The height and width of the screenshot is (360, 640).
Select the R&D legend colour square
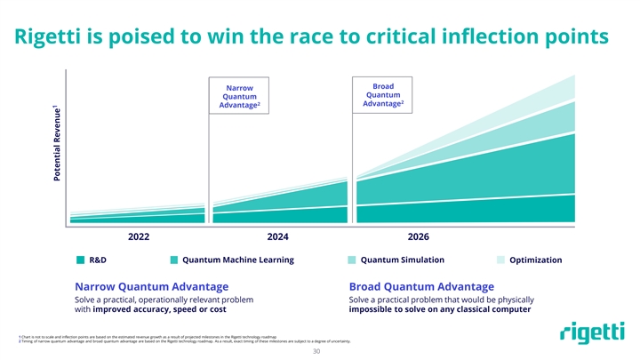[x=80, y=260]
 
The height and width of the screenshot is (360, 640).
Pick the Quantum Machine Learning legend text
[x=238, y=260]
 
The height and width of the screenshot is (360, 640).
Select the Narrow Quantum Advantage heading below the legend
[x=151, y=286]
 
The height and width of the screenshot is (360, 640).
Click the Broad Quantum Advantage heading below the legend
[x=421, y=286]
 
